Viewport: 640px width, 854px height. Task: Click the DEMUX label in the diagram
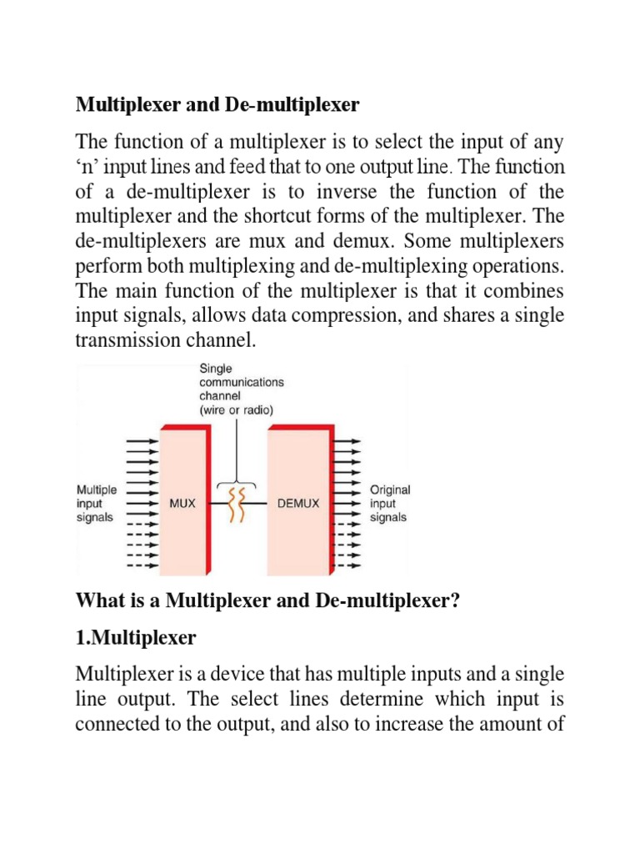[x=298, y=505]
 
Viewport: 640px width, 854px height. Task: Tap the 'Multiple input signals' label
[x=97, y=503]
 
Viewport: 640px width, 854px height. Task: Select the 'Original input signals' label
[x=390, y=504]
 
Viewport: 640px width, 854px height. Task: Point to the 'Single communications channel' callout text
[x=241, y=389]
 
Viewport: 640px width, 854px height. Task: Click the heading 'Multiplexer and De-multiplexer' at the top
[x=217, y=105]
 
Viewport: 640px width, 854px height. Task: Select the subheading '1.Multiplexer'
[x=136, y=638]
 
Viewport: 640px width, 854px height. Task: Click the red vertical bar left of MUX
[x=159, y=500]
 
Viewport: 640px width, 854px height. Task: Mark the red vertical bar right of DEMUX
[x=332, y=500]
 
